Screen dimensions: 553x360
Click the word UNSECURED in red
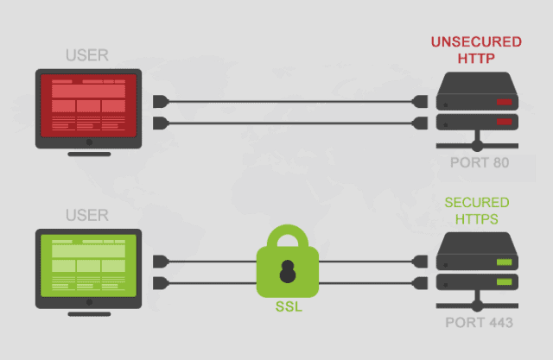pyautogui.click(x=476, y=42)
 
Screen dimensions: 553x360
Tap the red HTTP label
pyautogui.click(x=476, y=59)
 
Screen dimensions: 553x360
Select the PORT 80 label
pyautogui.click(x=480, y=163)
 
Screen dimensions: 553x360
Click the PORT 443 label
pyautogui.click(x=479, y=323)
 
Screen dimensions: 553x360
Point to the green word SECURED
pyautogui.click(x=477, y=203)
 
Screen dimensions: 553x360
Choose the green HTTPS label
pyautogui.click(x=477, y=219)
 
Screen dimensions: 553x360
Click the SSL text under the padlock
pyautogui.click(x=289, y=306)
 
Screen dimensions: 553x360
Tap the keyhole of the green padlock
pyautogui.click(x=288, y=271)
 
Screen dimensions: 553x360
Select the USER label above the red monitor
pyautogui.click(x=87, y=55)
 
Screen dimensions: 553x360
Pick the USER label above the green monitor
pyautogui.click(x=87, y=215)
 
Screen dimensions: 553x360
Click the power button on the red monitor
pyautogui.click(x=89, y=142)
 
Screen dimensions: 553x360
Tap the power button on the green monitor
pyautogui.click(x=89, y=302)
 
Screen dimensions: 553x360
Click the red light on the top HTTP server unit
pyautogui.click(x=504, y=102)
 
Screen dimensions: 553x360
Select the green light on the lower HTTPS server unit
pyautogui.click(x=504, y=281)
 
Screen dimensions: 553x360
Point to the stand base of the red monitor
pyautogui.click(x=89, y=154)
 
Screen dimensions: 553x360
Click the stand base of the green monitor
pyautogui.click(x=89, y=314)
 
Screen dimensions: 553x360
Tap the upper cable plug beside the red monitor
pyautogui.click(x=161, y=102)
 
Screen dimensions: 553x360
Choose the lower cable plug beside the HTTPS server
pyautogui.click(x=420, y=283)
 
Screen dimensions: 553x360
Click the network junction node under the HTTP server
pyautogui.click(x=477, y=146)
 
